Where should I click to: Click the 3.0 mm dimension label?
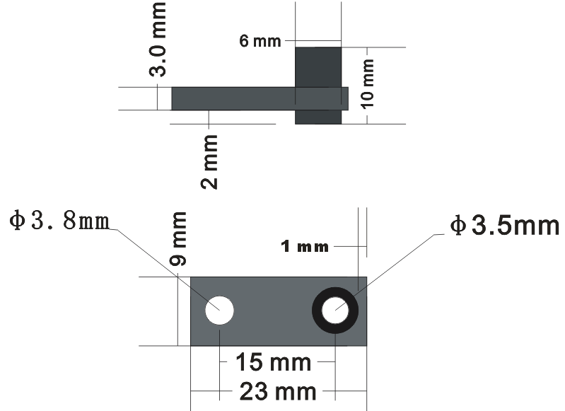pos(158,39)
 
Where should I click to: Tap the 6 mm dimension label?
pos(260,41)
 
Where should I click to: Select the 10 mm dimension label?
pos(368,84)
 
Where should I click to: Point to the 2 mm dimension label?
pos(209,162)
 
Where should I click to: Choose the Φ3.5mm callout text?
pos(504,226)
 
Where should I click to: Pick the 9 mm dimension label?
pos(178,238)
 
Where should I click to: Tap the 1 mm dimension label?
pos(305,247)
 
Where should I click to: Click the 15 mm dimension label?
pos(273,362)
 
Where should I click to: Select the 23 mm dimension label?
pos(278,391)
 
